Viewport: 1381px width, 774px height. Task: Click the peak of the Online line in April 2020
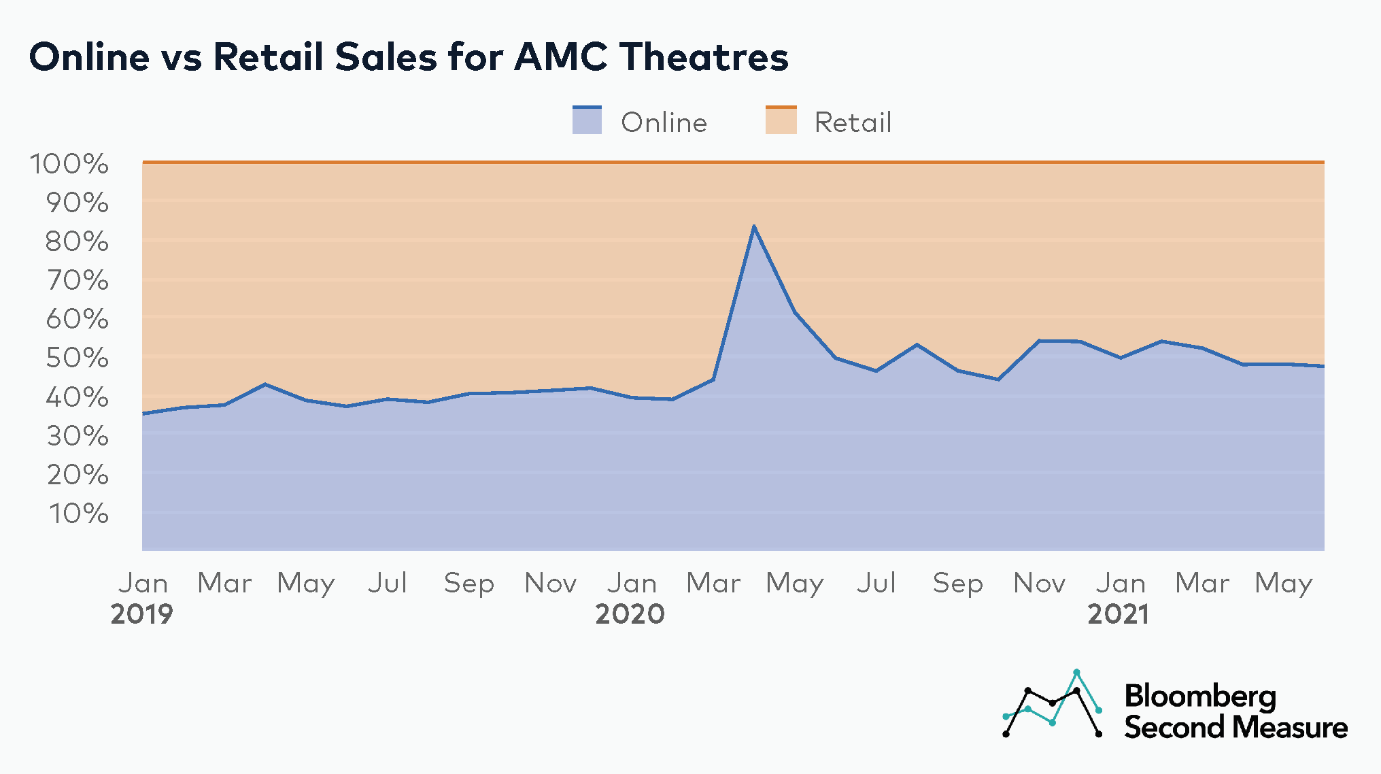[x=753, y=226]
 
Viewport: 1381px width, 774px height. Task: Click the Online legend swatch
[x=587, y=120]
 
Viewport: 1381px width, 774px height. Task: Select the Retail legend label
[x=853, y=123]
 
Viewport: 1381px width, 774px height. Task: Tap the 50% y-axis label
[x=77, y=358]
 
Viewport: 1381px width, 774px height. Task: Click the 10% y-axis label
[x=78, y=514]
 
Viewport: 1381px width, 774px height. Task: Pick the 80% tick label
[x=77, y=241]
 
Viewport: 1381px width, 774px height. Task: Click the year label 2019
[x=141, y=614]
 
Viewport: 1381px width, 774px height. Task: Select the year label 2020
[x=630, y=614]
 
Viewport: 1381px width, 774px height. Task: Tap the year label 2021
[x=1119, y=614]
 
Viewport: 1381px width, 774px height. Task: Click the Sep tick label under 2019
[x=468, y=584]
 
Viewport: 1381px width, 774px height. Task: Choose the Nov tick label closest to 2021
[x=1039, y=584]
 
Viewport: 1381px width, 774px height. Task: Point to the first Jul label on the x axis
[x=387, y=584]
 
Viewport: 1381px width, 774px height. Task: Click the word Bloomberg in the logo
[x=1200, y=696]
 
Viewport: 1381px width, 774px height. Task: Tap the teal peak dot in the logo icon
[x=1076, y=673]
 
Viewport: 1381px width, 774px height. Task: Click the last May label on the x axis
[x=1283, y=584]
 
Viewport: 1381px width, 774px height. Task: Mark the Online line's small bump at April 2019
[x=265, y=385]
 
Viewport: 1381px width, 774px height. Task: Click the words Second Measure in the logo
[x=1235, y=728]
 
